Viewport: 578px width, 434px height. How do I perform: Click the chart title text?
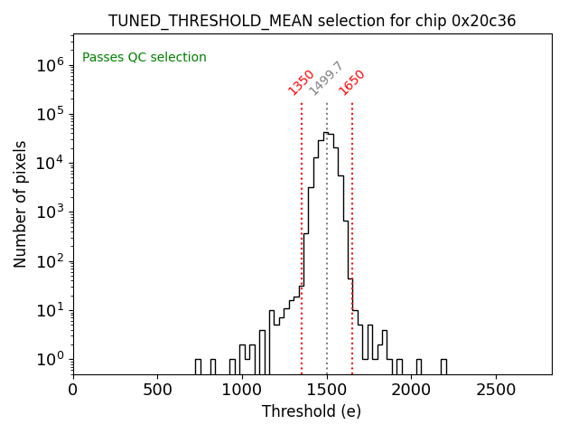coord(312,21)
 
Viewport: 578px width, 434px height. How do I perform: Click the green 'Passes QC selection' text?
coord(144,58)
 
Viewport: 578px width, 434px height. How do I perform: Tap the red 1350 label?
coord(301,82)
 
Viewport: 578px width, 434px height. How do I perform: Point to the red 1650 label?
coord(351,82)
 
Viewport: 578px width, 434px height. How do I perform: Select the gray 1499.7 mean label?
coord(326,79)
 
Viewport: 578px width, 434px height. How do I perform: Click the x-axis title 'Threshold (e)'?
coord(312,411)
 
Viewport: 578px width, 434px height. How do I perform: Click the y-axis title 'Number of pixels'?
coord(21,203)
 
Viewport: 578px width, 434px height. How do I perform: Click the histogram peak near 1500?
coord(326,133)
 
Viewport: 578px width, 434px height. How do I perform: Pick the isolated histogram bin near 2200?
coord(443,365)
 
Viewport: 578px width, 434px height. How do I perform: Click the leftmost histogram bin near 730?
coord(198,365)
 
